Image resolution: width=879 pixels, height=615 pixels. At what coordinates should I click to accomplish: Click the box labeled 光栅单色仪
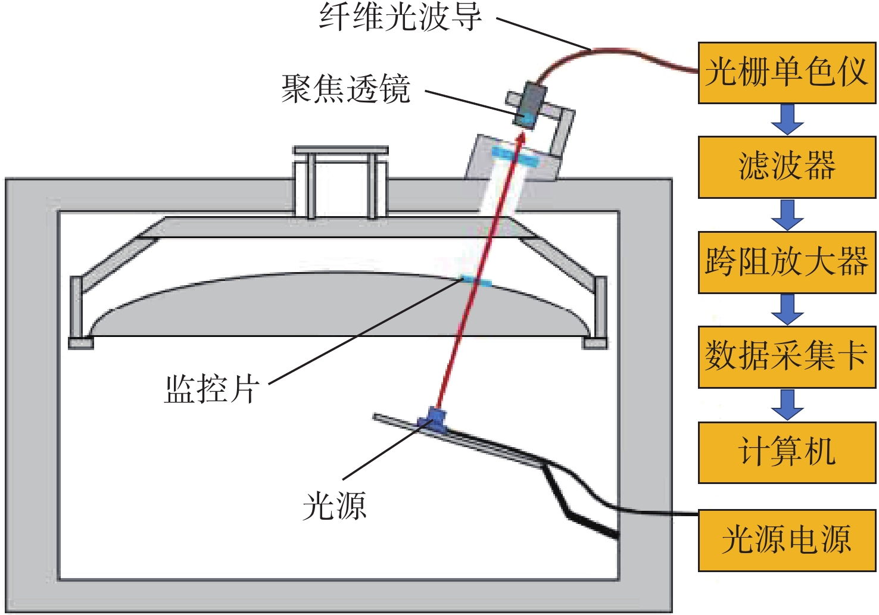tap(787, 73)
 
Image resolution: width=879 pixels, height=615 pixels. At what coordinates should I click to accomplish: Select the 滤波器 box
tap(787, 167)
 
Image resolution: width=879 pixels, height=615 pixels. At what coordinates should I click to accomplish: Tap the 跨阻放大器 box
tap(787, 262)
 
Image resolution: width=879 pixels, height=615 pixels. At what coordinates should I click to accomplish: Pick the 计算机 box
tap(787, 452)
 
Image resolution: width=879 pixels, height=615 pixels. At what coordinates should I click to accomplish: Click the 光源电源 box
tap(787, 540)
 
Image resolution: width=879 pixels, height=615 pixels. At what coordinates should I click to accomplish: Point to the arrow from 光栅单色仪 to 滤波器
tap(787, 120)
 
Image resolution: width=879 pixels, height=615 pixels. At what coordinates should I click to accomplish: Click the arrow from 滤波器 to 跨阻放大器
tap(787, 215)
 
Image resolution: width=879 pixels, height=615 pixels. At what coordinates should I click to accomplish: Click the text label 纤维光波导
tap(400, 17)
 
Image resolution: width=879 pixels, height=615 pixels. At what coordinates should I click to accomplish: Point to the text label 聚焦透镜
tap(346, 89)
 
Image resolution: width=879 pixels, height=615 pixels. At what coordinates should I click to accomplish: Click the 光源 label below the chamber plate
tap(334, 506)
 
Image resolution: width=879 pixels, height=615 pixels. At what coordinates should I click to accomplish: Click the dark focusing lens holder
tap(531, 104)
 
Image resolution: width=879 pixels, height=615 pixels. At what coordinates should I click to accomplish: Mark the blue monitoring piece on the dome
tap(476, 280)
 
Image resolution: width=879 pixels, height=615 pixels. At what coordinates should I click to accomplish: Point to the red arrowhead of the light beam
tap(522, 138)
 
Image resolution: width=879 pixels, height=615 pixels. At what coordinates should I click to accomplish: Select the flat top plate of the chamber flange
tap(341, 150)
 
